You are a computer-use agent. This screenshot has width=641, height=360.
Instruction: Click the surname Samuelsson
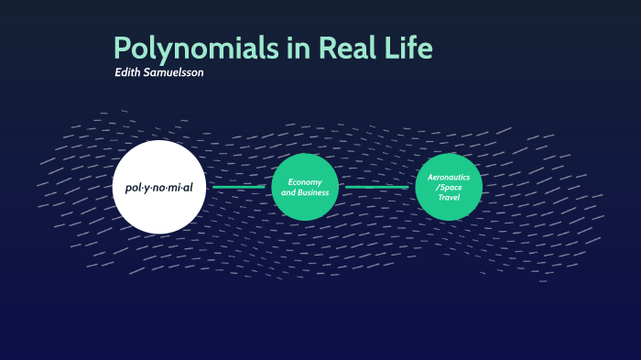tap(173, 71)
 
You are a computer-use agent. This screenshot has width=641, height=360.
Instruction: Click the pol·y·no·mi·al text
tap(159, 187)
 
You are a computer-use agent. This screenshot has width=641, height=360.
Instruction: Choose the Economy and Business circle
tap(305, 187)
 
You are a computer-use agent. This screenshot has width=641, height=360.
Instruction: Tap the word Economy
tap(305, 181)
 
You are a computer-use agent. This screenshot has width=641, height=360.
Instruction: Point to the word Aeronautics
tap(449, 176)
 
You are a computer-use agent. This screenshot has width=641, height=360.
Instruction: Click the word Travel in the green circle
tap(449, 197)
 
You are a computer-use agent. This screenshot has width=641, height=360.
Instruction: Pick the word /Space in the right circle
tap(449, 186)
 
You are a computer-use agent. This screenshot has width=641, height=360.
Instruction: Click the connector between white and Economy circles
tap(239, 187)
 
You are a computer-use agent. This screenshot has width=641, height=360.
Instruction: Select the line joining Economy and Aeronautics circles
tap(377, 187)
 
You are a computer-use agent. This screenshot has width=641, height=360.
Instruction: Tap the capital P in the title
tap(123, 48)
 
